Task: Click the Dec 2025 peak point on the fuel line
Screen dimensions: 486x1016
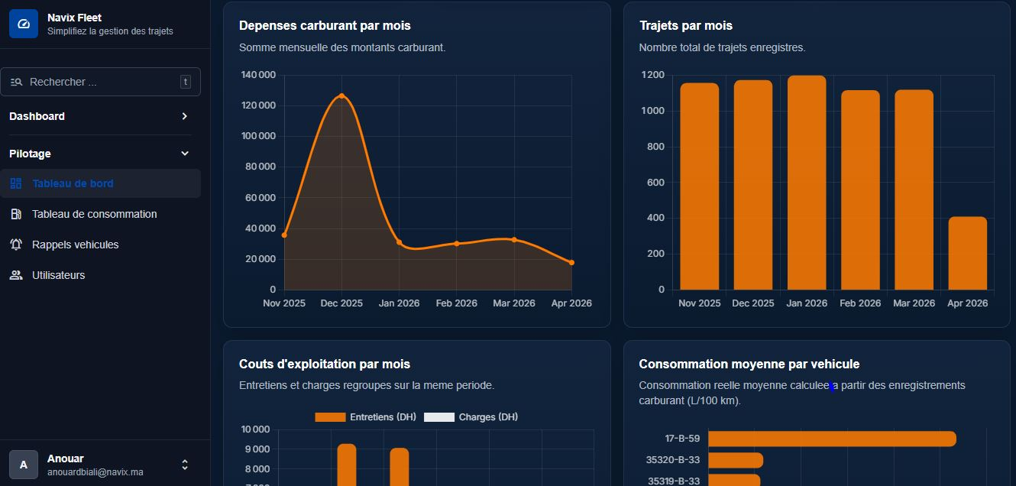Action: point(341,96)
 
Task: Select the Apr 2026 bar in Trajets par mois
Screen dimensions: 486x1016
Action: point(967,254)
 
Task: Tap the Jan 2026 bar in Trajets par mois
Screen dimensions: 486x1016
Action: point(807,183)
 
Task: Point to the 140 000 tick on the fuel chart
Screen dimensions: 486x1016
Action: point(258,75)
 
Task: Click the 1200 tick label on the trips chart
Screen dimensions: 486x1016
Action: point(653,75)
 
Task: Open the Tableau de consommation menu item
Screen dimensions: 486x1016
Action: point(94,214)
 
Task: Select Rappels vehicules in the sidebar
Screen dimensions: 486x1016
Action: point(75,245)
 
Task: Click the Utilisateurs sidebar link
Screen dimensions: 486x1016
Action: point(58,275)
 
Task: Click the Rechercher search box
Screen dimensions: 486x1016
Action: point(99,82)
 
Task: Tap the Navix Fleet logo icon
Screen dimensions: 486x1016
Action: point(24,24)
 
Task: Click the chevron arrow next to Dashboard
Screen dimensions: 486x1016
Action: point(184,116)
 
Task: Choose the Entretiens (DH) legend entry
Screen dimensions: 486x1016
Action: point(366,417)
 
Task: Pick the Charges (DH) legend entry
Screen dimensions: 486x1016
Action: point(471,417)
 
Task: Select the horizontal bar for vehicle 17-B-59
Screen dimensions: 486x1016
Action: point(832,439)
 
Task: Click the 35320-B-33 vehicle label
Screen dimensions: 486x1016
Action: point(673,460)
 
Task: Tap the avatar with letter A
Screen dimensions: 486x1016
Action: point(24,464)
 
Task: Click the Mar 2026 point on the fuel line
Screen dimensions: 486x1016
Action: point(514,240)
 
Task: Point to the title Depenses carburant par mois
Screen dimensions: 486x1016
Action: point(325,25)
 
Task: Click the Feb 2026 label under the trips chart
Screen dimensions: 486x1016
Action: point(860,303)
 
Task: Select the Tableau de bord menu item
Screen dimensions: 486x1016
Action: point(73,183)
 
